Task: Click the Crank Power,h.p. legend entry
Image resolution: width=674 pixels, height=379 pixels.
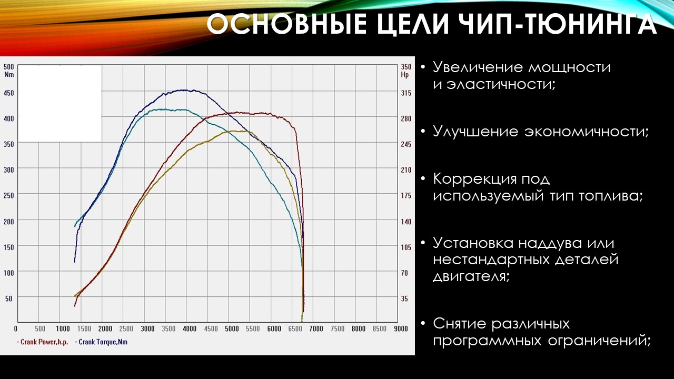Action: pyautogui.click(x=43, y=342)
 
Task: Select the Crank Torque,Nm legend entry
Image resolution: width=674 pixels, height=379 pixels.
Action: pyautogui.click(x=101, y=342)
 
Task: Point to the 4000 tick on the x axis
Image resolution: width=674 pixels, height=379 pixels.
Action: pyautogui.click(x=190, y=329)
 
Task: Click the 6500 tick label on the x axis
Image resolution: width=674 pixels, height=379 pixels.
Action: pyautogui.click(x=295, y=329)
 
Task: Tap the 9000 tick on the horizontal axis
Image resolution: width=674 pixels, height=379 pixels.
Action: pyautogui.click(x=401, y=329)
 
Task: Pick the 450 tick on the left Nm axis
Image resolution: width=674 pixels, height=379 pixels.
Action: pyautogui.click(x=8, y=93)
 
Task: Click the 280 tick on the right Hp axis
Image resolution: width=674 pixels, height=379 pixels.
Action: pyautogui.click(x=406, y=118)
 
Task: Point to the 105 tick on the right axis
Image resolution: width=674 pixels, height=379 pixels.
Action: pyautogui.click(x=406, y=247)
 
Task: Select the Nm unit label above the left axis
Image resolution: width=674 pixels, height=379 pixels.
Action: pyautogui.click(x=9, y=74)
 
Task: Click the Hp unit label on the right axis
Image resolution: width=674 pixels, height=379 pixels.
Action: pyautogui.click(x=405, y=75)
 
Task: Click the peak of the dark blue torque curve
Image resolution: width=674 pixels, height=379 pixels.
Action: pyautogui.click(x=184, y=90)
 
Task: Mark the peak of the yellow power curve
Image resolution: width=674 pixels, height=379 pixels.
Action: pyautogui.click(x=237, y=131)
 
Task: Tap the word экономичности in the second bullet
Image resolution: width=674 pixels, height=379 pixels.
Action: pyautogui.click(x=587, y=132)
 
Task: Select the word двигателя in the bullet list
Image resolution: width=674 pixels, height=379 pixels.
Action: pyautogui.click(x=471, y=276)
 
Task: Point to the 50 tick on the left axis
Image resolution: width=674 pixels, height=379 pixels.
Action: pyautogui.click(x=8, y=298)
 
